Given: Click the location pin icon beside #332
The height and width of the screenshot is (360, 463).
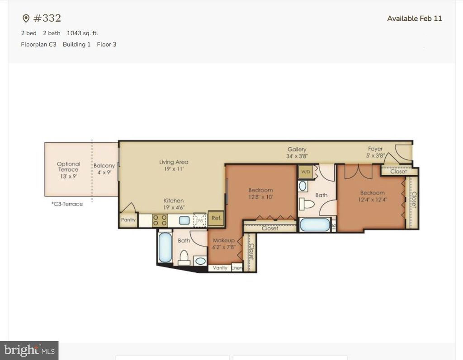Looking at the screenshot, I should click(26, 19).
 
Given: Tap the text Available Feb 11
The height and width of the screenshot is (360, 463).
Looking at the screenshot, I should click(414, 19).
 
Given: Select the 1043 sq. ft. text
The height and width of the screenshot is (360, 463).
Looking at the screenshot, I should click(82, 33).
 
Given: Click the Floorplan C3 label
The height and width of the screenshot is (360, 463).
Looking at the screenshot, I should click(38, 44).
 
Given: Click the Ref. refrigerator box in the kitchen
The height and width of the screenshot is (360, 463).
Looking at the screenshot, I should click(216, 218).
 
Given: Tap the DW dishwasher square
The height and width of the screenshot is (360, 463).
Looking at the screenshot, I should click(199, 220).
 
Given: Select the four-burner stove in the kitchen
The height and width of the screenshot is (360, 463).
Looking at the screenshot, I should click(160, 220).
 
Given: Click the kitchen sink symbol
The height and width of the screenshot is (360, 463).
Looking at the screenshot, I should click(184, 220).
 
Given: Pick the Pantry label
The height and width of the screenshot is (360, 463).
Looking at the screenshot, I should click(128, 220).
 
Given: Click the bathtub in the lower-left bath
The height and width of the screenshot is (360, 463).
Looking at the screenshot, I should click(165, 247).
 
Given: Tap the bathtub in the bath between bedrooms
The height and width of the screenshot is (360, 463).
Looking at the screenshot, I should click(315, 225).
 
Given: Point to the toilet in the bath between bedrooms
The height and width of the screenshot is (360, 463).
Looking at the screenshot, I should click(307, 204).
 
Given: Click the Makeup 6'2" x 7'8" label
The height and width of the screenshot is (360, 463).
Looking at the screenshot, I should click(223, 244).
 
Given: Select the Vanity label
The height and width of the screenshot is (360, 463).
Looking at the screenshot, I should click(220, 268).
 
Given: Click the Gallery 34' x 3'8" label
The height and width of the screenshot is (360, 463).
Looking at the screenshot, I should click(297, 153).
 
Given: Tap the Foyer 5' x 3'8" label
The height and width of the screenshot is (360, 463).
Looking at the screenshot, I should click(375, 152).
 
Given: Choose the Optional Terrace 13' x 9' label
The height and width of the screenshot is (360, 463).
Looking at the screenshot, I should click(68, 169).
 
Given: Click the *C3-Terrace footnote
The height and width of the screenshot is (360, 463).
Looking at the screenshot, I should click(67, 204).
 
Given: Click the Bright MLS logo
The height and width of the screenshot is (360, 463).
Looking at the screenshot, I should click(29, 350).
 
